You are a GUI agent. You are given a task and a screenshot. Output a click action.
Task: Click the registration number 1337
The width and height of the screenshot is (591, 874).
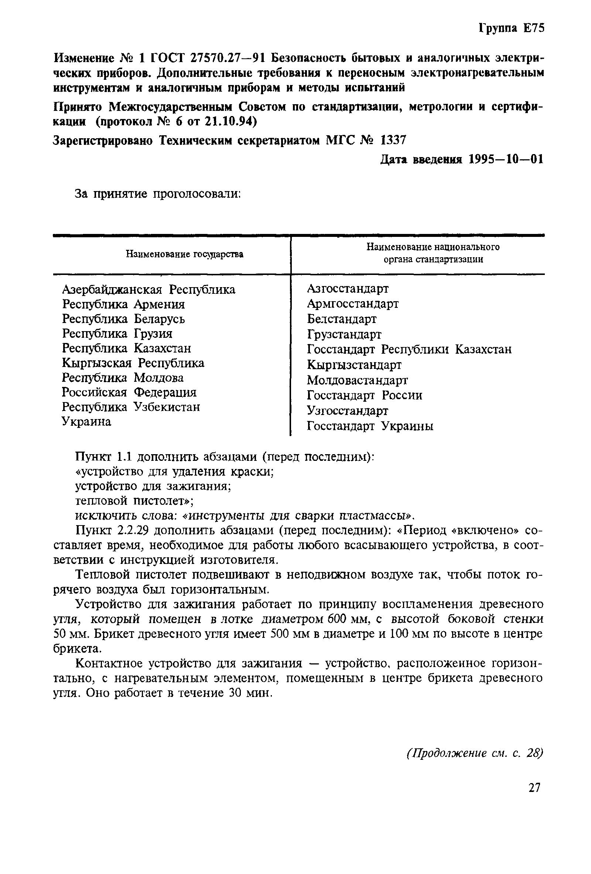393,140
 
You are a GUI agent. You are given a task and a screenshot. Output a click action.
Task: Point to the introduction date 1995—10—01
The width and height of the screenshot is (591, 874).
506,159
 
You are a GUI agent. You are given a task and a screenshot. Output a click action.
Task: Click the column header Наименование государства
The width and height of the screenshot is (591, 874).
184,255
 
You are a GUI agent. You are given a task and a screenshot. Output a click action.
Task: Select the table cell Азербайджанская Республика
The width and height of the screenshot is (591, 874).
148,290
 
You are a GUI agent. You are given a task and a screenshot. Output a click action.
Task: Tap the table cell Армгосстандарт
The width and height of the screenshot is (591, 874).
352,303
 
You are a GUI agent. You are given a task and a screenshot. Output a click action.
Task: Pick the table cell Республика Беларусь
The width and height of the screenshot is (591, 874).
123,319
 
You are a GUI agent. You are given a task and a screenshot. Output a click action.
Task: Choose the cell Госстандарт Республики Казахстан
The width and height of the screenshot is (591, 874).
409,349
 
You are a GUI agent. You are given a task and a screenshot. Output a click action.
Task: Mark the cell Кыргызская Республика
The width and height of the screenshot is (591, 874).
133,363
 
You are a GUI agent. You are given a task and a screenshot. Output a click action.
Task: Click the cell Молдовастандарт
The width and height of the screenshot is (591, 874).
357,380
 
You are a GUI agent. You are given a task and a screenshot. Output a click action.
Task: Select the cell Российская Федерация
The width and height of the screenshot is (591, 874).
129,392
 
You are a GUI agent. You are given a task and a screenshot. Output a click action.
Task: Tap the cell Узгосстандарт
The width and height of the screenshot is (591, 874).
347,411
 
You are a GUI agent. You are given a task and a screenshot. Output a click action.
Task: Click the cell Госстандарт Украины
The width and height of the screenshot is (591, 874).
370,426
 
